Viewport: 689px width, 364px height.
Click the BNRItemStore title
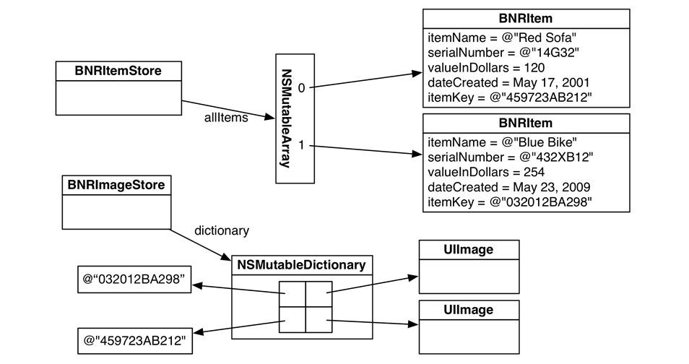click(x=118, y=71)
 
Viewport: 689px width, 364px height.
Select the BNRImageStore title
click(x=116, y=185)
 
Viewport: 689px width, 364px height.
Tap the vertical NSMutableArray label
click(x=286, y=118)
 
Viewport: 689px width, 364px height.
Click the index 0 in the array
click(x=301, y=88)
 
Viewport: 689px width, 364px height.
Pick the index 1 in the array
click(x=301, y=144)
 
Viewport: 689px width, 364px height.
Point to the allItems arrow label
click(x=226, y=118)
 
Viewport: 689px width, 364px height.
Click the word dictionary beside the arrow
click(x=222, y=231)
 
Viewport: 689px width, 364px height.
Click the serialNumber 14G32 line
click(x=503, y=53)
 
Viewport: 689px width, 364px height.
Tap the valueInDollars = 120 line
click(x=486, y=68)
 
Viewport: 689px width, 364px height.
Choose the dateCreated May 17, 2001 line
click(x=508, y=82)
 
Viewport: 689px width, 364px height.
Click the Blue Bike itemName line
click(x=502, y=142)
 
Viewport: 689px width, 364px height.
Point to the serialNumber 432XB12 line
click(x=511, y=157)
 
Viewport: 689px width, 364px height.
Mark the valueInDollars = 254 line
click(x=486, y=173)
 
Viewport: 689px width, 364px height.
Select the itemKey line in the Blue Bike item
click(x=510, y=202)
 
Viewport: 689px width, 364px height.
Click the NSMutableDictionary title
click(x=301, y=265)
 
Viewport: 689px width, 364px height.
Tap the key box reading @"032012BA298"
click(x=134, y=279)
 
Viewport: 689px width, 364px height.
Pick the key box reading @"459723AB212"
click(x=135, y=341)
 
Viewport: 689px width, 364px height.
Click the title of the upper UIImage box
click(x=469, y=250)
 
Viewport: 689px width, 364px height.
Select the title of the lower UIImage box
click(x=469, y=310)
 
